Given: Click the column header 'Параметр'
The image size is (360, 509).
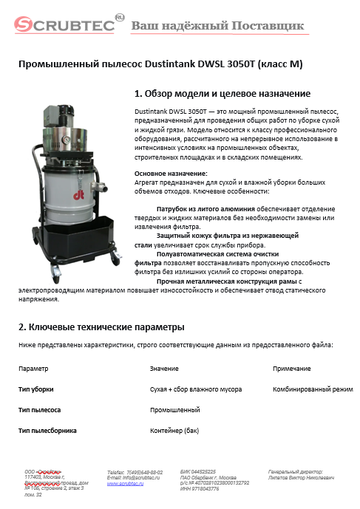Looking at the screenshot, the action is click(33, 368).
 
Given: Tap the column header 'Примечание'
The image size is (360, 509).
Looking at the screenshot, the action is click(292, 368).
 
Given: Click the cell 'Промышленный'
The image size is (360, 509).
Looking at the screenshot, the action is click(174, 409).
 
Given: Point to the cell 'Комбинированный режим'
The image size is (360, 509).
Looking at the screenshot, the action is click(313, 389).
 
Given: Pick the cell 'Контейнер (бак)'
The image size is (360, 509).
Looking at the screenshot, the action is click(177, 429).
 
